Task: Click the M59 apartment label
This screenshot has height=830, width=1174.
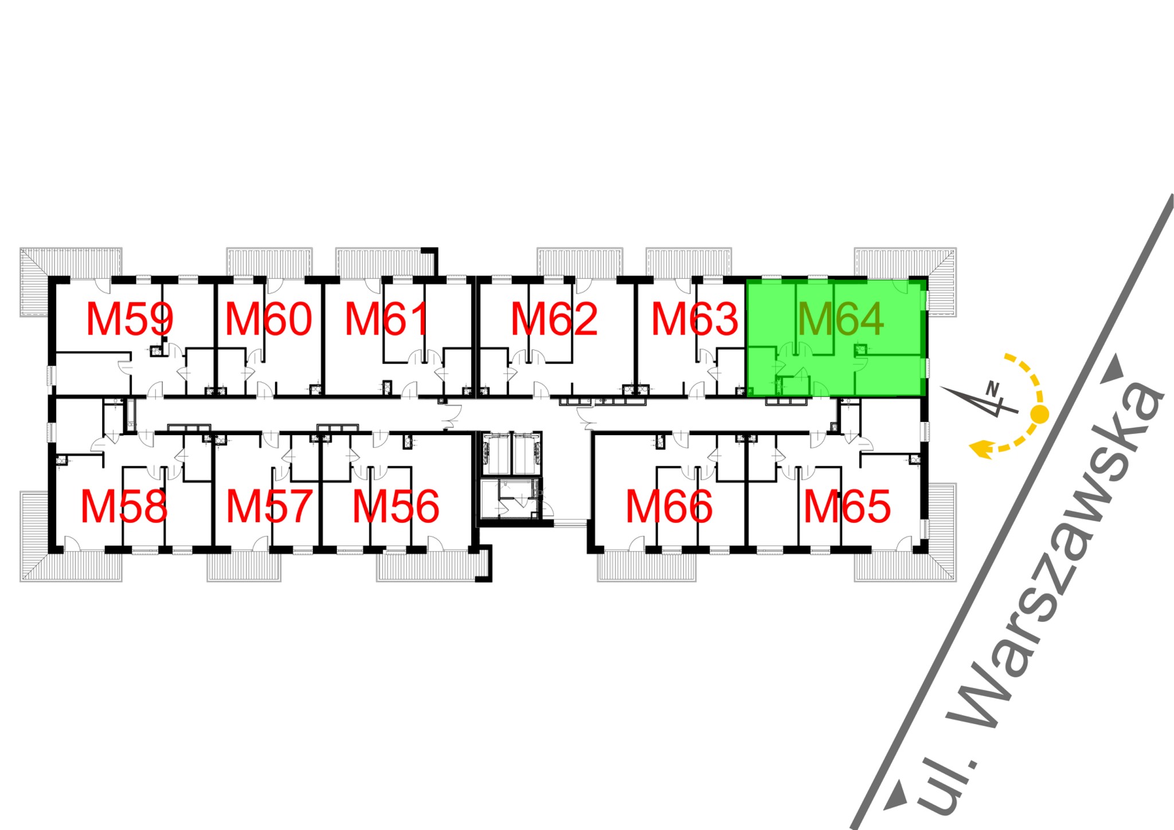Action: coord(130,319)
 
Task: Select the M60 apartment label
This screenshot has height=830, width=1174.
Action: coord(268,319)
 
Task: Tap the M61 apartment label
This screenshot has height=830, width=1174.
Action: coord(387,319)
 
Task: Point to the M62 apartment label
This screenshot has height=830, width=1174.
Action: coord(554,319)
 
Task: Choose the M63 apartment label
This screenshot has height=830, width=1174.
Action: coord(695,319)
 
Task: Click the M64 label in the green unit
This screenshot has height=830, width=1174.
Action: coord(840,319)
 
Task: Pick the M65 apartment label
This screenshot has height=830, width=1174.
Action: coord(847,507)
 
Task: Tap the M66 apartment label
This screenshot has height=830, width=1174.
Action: coord(669,507)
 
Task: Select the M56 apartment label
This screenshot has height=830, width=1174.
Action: coord(396,507)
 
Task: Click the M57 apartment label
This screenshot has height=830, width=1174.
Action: coord(269,507)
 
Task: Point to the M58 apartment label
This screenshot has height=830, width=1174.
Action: coord(124,507)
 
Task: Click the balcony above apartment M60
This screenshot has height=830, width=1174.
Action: coord(269,262)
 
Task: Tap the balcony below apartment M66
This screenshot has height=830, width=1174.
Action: coord(647,567)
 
